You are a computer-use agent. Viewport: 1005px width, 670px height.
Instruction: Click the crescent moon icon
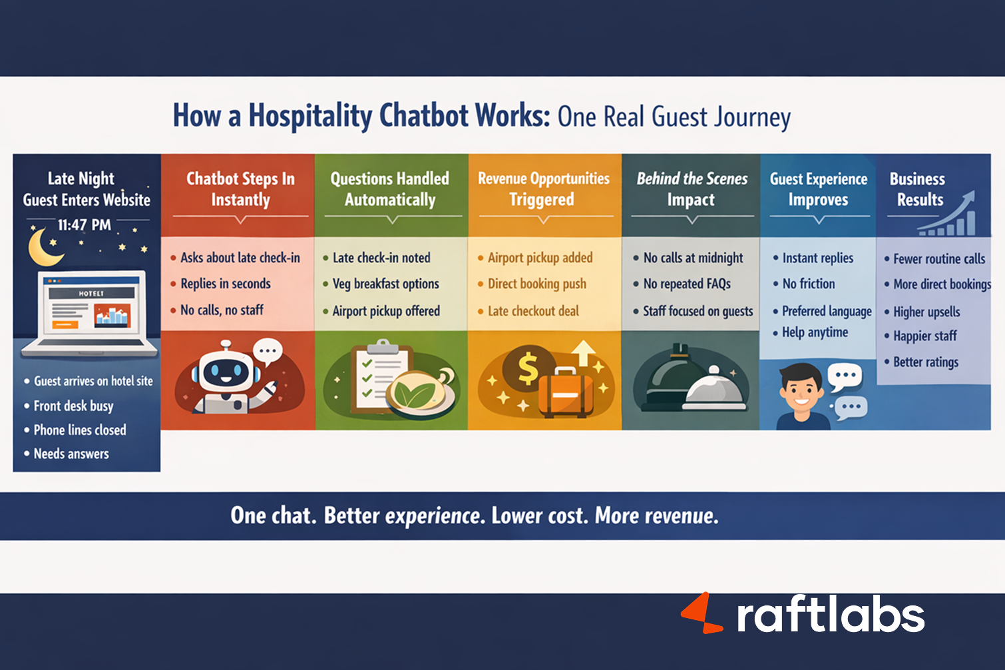pyautogui.click(x=44, y=247)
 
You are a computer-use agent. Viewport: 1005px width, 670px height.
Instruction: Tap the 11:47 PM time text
pyautogui.click(x=84, y=225)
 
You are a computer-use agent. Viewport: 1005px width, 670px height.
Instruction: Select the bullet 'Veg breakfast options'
pyautogui.click(x=385, y=284)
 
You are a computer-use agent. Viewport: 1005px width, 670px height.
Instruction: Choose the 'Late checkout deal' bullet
pyautogui.click(x=533, y=311)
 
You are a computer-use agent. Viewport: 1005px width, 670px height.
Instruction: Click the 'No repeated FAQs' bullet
pyautogui.click(x=687, y=284)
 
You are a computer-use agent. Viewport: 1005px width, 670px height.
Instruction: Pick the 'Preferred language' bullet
pyautogui.click(x=827, y=311)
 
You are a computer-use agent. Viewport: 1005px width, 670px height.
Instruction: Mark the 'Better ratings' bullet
pyautogui.click(x=926, y=362)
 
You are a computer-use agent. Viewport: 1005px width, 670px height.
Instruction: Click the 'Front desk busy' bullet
pyautogui.click(x=73, y=406)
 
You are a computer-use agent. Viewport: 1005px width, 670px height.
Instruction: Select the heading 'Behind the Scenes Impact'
pyautogui.click(x=692, y=189)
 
